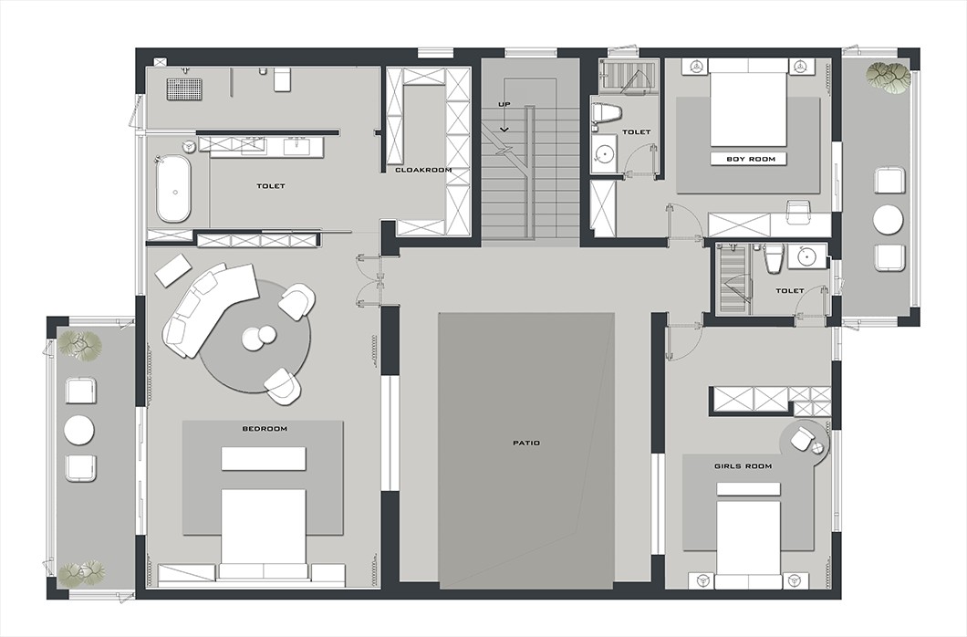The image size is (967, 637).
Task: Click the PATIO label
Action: pos(526,443)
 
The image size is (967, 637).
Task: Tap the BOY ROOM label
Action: pos(750,159)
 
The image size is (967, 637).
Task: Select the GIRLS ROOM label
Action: pos(743,466)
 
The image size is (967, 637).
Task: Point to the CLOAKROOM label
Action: pos(423,170)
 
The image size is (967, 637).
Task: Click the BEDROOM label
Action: pos(265,429)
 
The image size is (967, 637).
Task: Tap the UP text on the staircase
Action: pos(504,104)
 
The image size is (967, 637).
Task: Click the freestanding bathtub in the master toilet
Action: pos(173,189)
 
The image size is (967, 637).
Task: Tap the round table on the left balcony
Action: pos(79,430)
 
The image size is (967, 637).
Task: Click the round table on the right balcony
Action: pos(888,220)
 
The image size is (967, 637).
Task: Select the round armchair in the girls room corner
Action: pos(802,438)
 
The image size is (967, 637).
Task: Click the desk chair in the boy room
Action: pos(800,212)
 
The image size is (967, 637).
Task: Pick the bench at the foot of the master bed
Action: pos(264,459)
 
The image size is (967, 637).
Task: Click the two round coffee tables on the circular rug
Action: pos(258,336)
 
